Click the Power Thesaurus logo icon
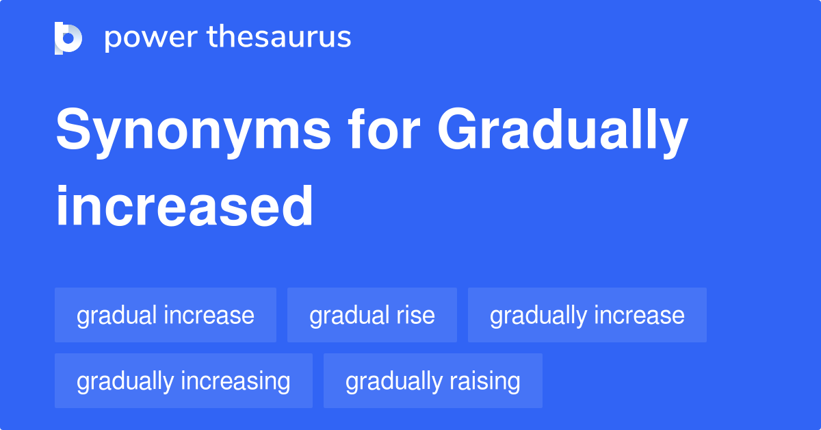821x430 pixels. pos(68,38)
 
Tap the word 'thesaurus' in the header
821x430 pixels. pos(279,38)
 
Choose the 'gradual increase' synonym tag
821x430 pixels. pos(166,315)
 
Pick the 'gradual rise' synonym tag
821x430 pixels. pos(372,315)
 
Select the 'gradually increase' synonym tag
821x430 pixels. pos(587,315)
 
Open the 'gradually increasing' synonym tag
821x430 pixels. pos(183,381)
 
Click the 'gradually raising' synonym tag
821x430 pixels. pos(433,381)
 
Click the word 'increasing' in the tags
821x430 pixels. pos(236,381)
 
